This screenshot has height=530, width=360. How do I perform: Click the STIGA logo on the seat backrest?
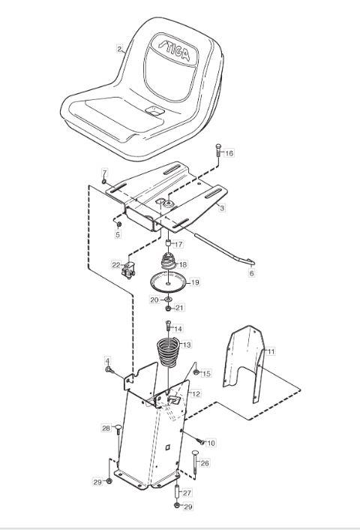click(175, 50)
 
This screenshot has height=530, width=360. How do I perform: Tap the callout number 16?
click(229, 153)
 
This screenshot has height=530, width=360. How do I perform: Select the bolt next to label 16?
click(217, 150)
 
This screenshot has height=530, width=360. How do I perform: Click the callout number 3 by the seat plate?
click(222, 208)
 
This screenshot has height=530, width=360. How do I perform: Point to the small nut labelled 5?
click(118, 224)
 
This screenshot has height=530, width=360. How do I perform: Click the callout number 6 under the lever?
click(251, 273)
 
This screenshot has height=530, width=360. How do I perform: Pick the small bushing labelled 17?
click(167, 243)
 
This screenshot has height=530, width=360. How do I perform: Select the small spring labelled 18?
click(168, 261)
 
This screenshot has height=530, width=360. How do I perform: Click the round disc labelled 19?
click(168, 282)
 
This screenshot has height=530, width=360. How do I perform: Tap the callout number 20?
click(154, 300)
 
